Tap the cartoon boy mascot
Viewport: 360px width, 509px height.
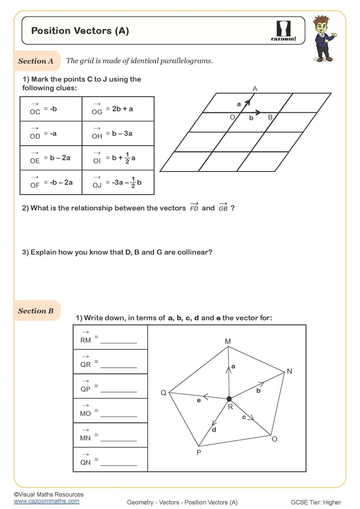tap(324, 39)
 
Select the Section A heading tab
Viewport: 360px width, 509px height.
tap(36, 61)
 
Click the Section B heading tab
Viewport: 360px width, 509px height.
tap(36, 311)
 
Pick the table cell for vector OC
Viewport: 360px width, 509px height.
tap(51, 109)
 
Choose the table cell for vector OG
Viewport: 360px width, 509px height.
tap(118, 109)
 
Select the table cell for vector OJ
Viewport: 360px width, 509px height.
tap(118, 182)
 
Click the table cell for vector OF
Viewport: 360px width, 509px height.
tap(51, 182)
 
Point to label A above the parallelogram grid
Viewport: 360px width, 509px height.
tap(255, 88)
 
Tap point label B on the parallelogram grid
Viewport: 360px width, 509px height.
tap(270, 117)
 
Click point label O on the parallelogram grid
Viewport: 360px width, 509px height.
tap(232, 117)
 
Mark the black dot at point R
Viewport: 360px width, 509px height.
tap(229, 399)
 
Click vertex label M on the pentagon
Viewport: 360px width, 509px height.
tap(228, 341)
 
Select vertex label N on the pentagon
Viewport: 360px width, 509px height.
tap(289, 371)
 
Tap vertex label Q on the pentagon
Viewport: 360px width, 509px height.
tap(163, 393)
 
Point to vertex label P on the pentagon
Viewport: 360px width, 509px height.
tap(198, 453)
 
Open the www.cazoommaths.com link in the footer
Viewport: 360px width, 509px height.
tap(46, 501)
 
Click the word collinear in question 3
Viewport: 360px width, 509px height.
tap(195, 252)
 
